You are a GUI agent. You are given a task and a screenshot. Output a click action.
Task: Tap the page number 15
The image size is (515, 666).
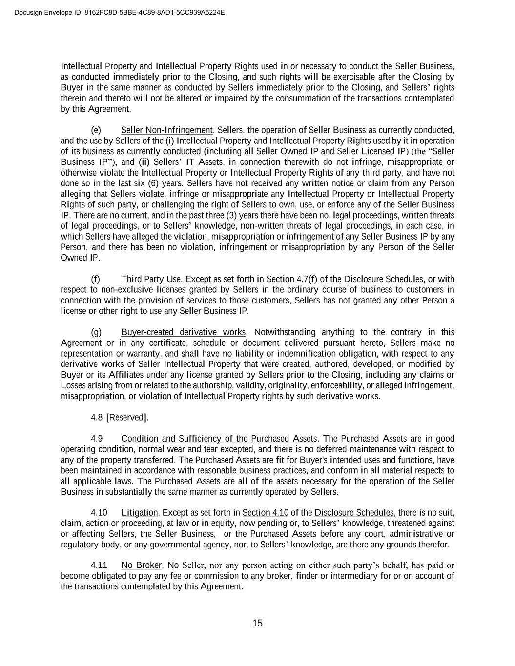pos(257,623)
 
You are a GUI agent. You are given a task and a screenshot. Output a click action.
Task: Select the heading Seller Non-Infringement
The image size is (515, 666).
pos(167,130)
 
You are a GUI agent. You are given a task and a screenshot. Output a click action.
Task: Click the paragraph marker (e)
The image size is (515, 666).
pos(96,130)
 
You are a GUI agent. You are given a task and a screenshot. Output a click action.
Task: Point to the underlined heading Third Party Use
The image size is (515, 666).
pos(151,279)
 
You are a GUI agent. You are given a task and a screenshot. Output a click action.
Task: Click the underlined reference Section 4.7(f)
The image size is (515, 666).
pos(291,279)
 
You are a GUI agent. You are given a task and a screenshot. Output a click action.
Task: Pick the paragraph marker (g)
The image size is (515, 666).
pos(96,332)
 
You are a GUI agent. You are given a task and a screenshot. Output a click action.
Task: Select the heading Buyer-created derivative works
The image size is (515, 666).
pos(183,332)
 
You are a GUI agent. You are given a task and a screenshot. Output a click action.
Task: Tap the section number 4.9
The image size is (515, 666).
pos(97,439)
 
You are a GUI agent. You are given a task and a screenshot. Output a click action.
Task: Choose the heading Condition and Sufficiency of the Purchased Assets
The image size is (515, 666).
pos(219,439)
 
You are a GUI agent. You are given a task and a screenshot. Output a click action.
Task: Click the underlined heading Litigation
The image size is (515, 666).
pos(139,513)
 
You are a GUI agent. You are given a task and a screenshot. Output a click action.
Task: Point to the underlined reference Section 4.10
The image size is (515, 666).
pos(265,513)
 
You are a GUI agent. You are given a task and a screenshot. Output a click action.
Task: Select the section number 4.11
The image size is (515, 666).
pos(99,565)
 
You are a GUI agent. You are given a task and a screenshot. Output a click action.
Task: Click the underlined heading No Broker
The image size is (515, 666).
pos(141,565)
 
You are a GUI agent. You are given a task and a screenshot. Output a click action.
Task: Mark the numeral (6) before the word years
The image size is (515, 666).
pos(153,183)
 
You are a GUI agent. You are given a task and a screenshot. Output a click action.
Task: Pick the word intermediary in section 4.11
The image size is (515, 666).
pos(354,576)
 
